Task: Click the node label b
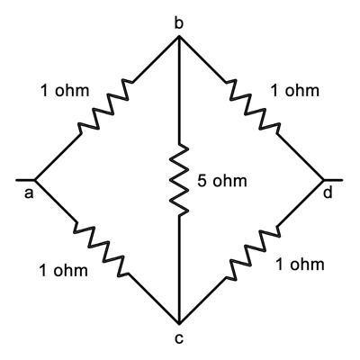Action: click(178, 23)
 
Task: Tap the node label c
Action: click(179, 338)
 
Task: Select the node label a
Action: click(29, 193)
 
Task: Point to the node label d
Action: click(328, 193)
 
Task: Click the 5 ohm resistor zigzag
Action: click(179, 180)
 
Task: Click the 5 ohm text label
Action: click(222, 181)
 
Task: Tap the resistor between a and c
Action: click(102, 249)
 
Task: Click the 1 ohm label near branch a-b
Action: click(65, 90)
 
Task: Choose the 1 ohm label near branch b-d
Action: click(294, 90)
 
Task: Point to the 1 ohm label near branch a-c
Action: click(63, 270)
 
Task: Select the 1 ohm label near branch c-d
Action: click(300, 265)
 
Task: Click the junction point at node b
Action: click(179, 37)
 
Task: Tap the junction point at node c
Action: click(179, 323)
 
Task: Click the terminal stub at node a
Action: click(25, 180)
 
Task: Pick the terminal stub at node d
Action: click(333, 180)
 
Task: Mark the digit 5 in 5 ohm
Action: click(202, 181)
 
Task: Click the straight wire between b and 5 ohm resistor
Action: click(179, 90)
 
